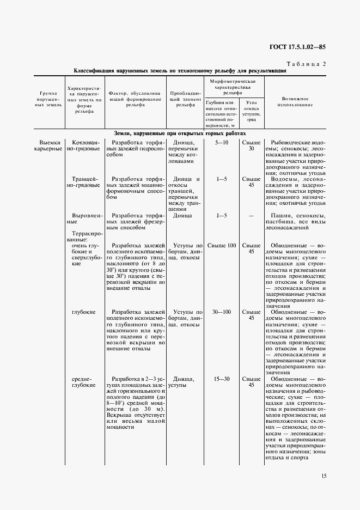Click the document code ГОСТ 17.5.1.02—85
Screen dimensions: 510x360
pyautogui.click(x=297, y=47)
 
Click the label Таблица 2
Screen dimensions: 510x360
pyautogui.click(x=305, y=64)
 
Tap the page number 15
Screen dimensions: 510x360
pyautogui.click(x=324, y=476)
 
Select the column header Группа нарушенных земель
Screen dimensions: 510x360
pyautogui.click(x=47, y=100)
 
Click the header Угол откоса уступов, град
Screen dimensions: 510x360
pyautogui.click(x=251, y=111)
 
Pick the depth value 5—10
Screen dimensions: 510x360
pyautogui.click(x=222, y=142)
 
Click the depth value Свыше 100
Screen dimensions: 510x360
pyautogui.click(x=222, y=245)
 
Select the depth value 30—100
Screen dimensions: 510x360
pyautogui.click(x=222, y=312)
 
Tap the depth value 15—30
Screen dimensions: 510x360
pyautogui.click(x=222, y=378)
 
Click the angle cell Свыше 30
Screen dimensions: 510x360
pyautogui.click(x=251, y=145)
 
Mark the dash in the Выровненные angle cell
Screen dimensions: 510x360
pyautogui.click(x=251, y=215)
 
